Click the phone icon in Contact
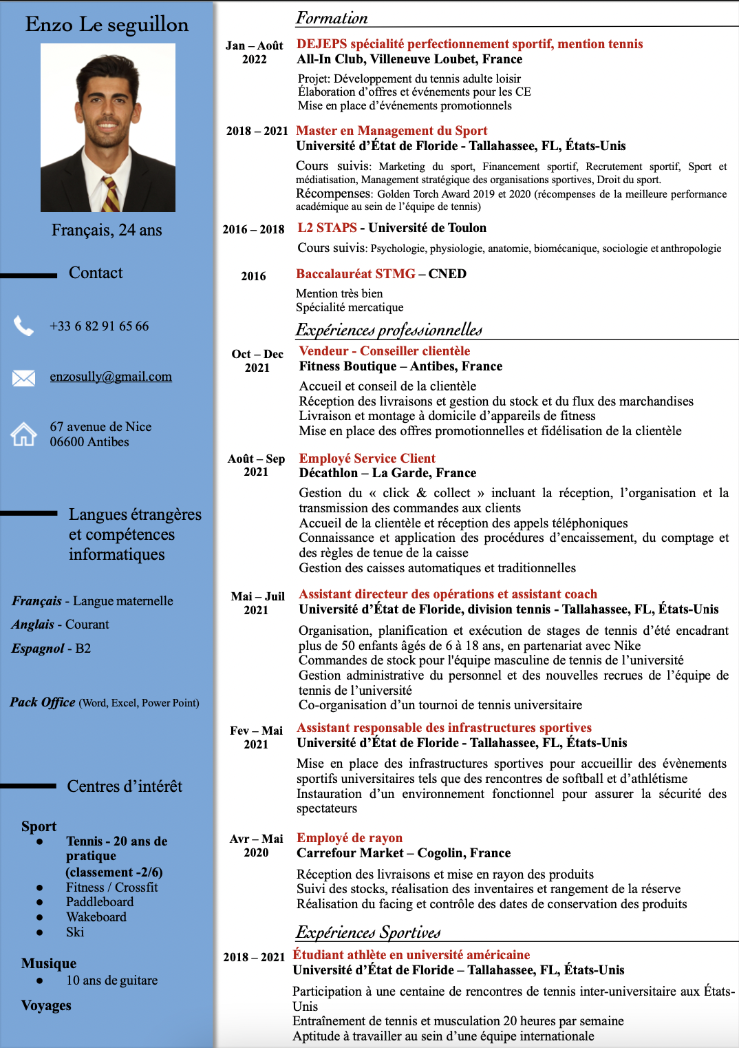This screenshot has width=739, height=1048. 23,326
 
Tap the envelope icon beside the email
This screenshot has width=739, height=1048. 23,377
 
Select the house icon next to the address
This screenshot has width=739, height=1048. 23,434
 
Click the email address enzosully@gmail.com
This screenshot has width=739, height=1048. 111,377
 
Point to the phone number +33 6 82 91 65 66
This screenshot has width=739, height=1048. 99,326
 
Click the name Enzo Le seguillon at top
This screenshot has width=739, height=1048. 107,25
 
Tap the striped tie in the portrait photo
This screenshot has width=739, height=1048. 111,194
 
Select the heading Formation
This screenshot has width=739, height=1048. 332,18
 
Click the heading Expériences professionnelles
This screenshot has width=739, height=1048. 389,330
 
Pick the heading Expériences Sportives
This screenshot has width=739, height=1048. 368,932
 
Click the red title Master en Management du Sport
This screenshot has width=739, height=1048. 392,131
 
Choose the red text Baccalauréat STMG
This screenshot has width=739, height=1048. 356,274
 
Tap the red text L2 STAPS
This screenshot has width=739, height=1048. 327,228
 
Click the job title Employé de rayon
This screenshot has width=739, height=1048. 350,838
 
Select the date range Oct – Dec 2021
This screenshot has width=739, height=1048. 257,361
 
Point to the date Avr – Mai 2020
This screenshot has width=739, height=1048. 256,846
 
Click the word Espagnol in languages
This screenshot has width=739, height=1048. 38,649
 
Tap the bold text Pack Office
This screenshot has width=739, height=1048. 43,702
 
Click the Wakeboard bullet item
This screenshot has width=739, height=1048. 96,917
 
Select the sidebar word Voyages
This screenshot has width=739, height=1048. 46,1005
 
